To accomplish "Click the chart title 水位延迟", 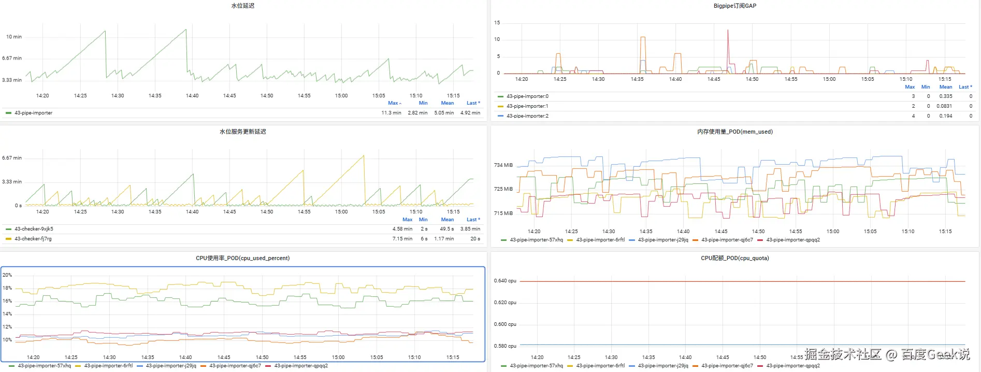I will coord(242,6).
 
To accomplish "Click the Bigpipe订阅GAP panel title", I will coord(734,6).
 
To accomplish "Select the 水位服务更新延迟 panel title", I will coord(242,132).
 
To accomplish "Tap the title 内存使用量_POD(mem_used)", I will coord(734,132).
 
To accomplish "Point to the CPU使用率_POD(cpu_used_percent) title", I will coord(242,258).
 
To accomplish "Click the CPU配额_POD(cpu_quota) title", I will coord(734,258).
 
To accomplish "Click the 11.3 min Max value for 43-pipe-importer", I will coord(391,112).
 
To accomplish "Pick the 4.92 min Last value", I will coord(470,112).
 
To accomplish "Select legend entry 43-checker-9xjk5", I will coord(34,228).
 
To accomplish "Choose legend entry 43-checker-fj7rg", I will coord(33,239).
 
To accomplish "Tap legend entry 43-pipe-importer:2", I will coord(527,116).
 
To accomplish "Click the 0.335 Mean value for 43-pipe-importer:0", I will coord(945,96).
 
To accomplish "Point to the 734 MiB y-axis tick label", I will coord(503,165).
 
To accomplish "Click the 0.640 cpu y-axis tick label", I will coord(505,281).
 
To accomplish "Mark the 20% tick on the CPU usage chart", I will coord(7,275).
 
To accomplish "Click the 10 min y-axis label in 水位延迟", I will coord(14,37).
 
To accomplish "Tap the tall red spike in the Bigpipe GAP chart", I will coord(728,32).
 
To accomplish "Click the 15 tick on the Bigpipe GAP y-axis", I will coord(497,23).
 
